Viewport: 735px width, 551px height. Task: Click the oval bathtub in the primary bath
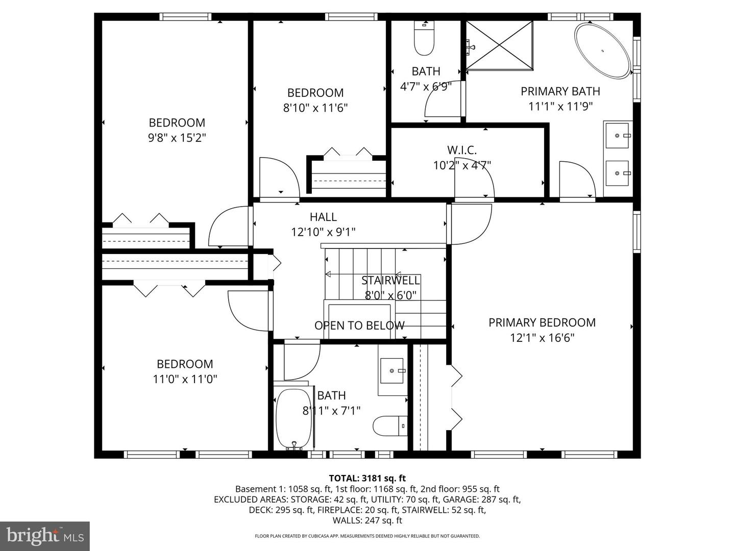tap(603, 51)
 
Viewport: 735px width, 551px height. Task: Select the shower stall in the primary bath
tap(500, 45)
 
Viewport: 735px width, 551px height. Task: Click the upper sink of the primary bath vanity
tap(618, 135)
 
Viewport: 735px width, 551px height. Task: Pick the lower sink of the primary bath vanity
tap(618, 173)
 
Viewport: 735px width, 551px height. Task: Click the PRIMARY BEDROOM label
tap(542, 322)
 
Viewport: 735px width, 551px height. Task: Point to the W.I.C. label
tap(461, 150)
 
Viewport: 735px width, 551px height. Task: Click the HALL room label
tap(323, 217)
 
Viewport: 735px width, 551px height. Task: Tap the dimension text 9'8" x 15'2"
tap(177, 138)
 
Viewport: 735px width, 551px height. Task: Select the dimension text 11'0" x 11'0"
tap(185, 379)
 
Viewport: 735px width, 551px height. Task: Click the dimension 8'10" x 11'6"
tap(315, 108)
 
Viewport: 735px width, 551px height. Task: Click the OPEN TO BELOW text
tap(359, 325)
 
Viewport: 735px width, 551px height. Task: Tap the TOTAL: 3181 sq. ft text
tap(367, 478)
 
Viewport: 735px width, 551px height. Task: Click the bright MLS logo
tap(45, 536)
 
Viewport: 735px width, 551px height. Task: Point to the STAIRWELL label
tap(390, 280)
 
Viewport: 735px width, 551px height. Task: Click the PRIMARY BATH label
tap(560, 91)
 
